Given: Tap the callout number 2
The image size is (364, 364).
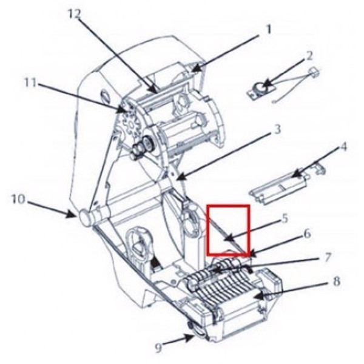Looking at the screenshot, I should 309,56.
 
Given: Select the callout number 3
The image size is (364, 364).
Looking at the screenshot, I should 277,130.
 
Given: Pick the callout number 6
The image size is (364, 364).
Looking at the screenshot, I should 308,234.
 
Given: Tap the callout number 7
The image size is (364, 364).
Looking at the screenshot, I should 328,257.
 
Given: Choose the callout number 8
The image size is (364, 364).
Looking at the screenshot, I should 336,282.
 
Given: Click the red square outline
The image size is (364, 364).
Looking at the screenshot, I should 228,230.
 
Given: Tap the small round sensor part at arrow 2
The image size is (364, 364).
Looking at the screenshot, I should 260,89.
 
